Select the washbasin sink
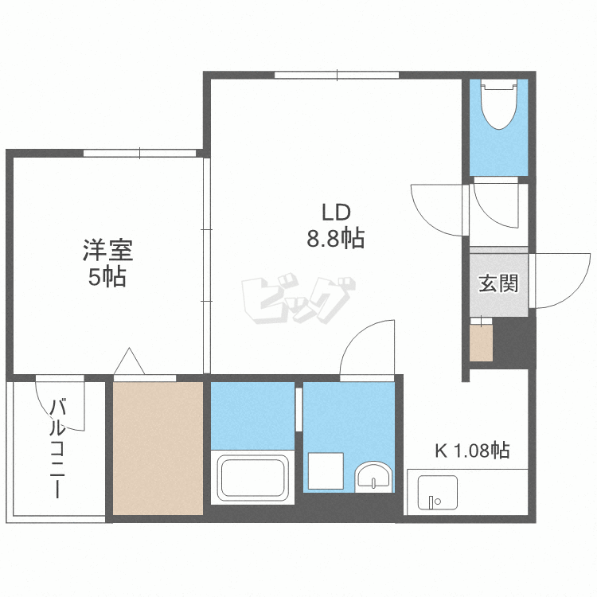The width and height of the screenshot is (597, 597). (x=373, y=476)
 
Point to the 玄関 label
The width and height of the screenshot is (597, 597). (x=498, y=283)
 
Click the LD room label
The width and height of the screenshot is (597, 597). (x=336, y=213)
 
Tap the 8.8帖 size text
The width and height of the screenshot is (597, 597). (x=336, y=238)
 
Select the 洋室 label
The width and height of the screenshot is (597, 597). (x=107, y=252)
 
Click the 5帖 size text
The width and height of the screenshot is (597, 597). (x=107, y=279)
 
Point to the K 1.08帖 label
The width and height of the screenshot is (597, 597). (x=472, y=451)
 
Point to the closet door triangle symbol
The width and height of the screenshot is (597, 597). (x=128, y=361)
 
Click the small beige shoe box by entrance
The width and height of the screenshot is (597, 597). (x=481, y=341)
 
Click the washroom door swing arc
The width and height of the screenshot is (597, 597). (x=368, y=346)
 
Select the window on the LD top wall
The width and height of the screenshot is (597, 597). (x=336, y=76)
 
